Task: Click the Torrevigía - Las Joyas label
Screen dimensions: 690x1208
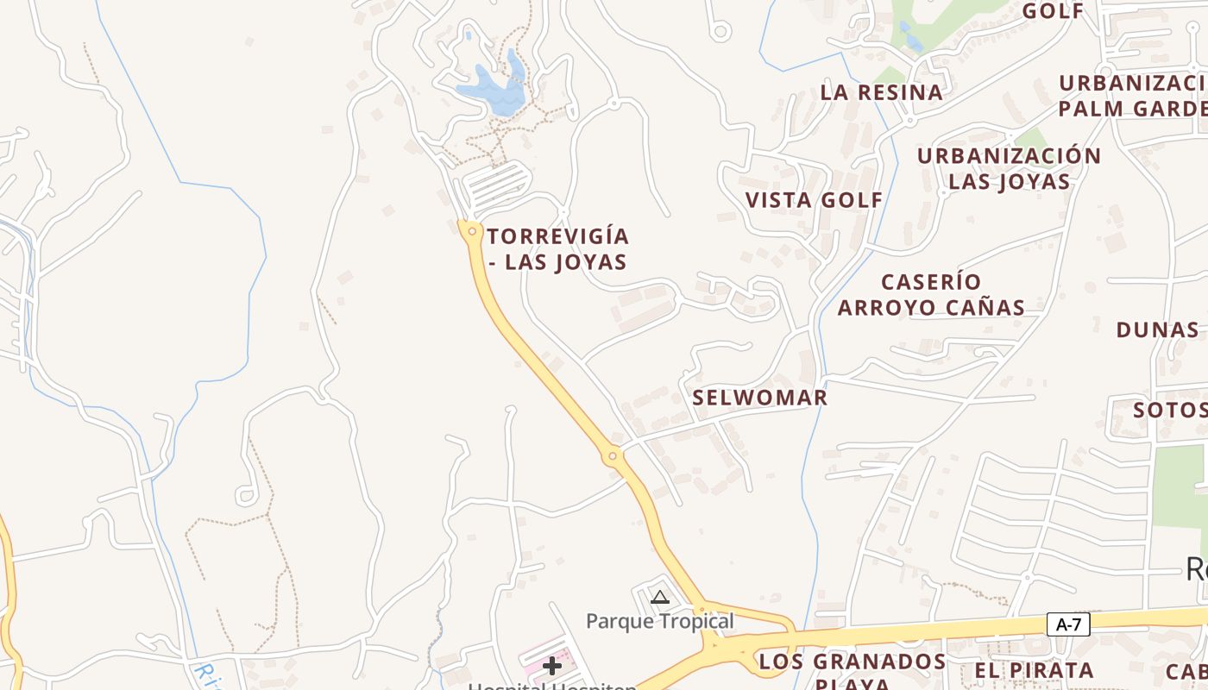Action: tap(558, 249)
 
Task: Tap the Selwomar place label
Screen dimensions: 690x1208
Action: tap(759, 398)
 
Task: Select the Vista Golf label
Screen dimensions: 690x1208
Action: tap(814, 200)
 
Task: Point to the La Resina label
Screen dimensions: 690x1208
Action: tap(881, 92)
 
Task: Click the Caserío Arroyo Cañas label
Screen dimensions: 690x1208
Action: tap(931, 295)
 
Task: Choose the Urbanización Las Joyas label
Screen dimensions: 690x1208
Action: tap(1009, 169)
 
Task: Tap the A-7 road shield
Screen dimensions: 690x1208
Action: tap(1068, 624)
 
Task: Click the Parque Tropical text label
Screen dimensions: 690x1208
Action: tap(660, 621)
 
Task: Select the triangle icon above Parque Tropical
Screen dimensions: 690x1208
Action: tap(660, 597)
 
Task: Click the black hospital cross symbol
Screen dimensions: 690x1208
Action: tap(552, 665)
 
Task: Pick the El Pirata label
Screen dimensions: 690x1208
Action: tap(1034, 670)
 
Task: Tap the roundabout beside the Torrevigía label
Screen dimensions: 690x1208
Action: tap(471, 231)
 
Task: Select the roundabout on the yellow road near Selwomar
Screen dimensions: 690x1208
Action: tap(613, 455)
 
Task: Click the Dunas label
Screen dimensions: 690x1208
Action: tap(1157, 330)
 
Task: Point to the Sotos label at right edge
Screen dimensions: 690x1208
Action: tap(1169, 410)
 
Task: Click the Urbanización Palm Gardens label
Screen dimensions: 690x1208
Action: tap(1132, 96)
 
